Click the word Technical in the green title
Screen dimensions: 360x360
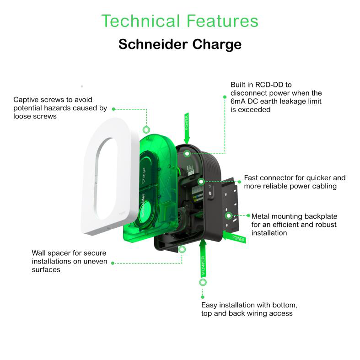(x=140, y=21)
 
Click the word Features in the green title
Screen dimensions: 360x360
(x=222, y=21)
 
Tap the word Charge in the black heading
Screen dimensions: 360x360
(x=217, y=45)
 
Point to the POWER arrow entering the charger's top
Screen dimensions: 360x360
(x=187, y=128)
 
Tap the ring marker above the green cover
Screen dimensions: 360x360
(x=146, y=130)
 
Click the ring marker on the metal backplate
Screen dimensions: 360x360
(x=229, y=215)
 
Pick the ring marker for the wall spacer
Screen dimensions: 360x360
(x=182, y=249)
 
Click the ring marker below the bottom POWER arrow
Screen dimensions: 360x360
(x=203, y=282)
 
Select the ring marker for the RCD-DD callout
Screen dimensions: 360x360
(x=188, y=153)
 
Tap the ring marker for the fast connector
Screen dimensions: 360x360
(x=201, y=182)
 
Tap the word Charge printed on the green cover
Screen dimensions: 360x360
(x=143, y=176)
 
